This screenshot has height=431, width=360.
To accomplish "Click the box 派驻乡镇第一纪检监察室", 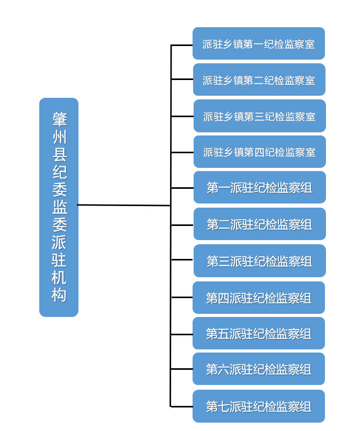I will tap(258, 44).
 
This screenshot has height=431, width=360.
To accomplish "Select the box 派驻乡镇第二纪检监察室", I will tap(259, 80).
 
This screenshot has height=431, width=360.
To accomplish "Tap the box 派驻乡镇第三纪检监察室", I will tap(260, 116).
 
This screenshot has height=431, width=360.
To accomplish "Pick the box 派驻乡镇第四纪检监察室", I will tap(260, 152).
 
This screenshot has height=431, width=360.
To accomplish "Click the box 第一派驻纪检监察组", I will tap(260, 187).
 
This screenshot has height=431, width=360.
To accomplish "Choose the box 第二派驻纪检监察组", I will tap(260, 224).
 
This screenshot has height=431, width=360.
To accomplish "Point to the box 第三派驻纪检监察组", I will tap(260, 261).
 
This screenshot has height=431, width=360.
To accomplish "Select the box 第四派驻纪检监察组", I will tap(258, 298).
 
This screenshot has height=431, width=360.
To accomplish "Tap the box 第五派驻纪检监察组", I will tap(258, 333).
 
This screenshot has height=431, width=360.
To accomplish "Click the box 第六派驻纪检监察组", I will tap(258, 369).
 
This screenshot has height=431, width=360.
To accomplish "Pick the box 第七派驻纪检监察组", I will tap(258, 406).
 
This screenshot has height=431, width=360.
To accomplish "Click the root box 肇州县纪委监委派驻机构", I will tap(59, 207).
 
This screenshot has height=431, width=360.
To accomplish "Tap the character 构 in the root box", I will tap(59, 295).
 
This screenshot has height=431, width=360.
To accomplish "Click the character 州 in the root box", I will tap(59, 138).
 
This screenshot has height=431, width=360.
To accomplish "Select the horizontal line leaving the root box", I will tap(124, 205).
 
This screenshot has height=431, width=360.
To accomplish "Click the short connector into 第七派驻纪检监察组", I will tap(182, 406).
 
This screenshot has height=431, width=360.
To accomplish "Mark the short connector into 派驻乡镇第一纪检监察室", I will tap(182, 46).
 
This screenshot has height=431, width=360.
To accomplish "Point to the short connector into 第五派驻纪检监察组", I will tap(182, 334).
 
